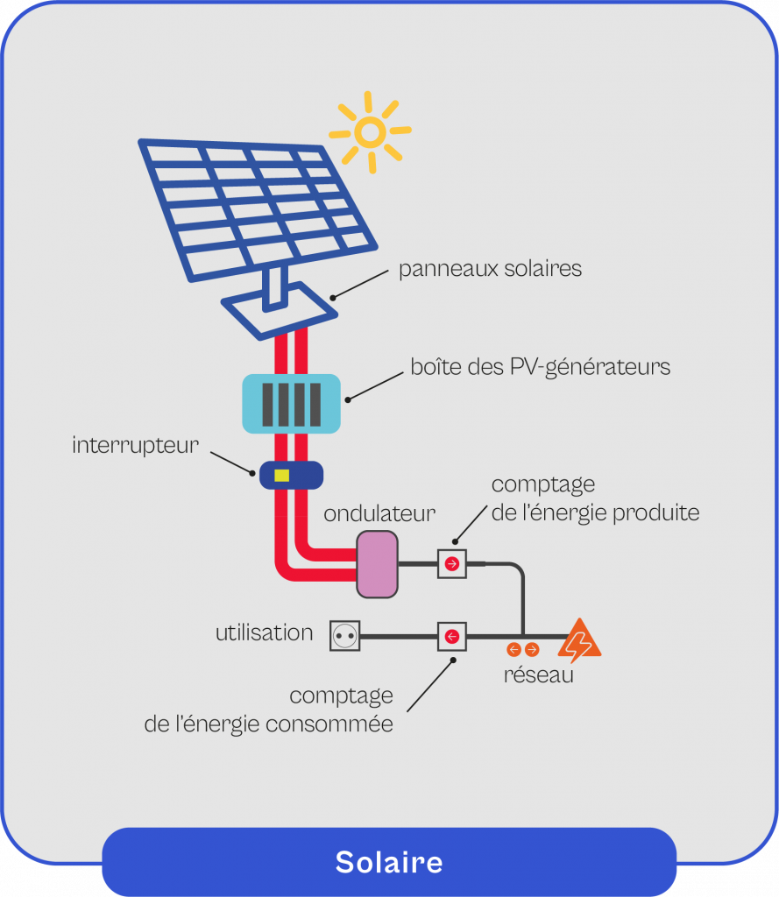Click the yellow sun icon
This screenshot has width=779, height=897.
370,132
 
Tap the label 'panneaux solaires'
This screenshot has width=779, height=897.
490,268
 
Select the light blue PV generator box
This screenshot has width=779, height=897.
291,403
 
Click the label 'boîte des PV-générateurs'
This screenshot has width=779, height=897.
540,366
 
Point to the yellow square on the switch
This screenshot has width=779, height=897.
281,476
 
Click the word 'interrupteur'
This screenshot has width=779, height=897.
136,445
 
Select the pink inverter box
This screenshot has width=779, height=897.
377,564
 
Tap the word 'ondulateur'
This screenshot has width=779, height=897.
379,513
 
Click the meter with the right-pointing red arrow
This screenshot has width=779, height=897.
452,564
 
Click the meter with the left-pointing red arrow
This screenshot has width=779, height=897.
452,636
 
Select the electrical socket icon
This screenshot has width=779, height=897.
345,635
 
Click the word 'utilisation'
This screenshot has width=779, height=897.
264,632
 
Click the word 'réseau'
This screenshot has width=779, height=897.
538,675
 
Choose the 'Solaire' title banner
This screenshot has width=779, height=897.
389,862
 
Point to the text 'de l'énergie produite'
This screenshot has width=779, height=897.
595,512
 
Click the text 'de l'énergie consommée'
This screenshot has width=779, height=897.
268,724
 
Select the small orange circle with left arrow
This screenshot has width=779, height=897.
514,650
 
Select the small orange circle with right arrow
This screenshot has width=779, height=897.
532,650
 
